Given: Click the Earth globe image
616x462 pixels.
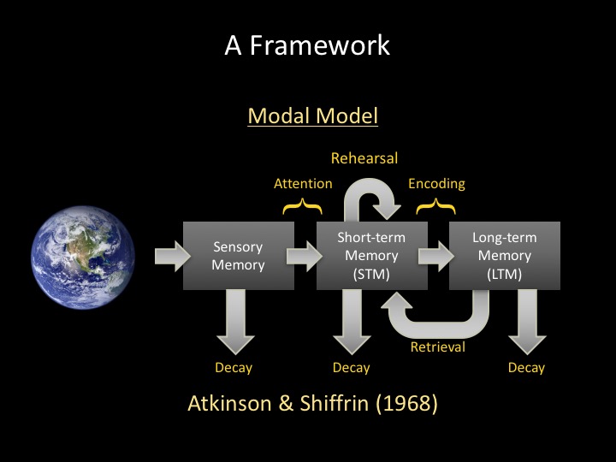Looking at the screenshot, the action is coord(83,258).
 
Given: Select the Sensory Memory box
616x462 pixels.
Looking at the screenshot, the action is coord(239,256).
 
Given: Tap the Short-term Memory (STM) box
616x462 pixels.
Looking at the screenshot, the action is coord(371,256).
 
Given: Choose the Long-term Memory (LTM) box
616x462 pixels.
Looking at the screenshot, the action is coord(505,256).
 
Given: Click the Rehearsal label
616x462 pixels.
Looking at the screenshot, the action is coord(364,158).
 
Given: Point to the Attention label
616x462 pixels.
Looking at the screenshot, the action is coord(303,183).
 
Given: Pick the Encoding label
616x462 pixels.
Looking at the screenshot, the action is coord(436,184).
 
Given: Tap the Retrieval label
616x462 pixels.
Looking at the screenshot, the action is coord(438,346).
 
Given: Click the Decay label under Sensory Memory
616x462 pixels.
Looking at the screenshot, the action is coord(234,368).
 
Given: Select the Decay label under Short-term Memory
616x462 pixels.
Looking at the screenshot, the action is coord(352,368).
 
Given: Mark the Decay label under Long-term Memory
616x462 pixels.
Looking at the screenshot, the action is coord(526,368).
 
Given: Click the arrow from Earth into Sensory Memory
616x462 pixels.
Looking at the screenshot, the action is coord(173,256).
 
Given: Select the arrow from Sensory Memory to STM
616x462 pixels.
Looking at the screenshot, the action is coord(305,256).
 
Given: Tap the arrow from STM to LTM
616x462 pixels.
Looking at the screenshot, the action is coord(436,256).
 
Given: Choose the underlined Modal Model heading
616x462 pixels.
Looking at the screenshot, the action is coord(313,115).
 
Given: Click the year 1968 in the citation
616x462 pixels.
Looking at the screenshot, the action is coord(407,404).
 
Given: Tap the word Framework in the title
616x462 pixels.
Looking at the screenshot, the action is coord(320,45).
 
